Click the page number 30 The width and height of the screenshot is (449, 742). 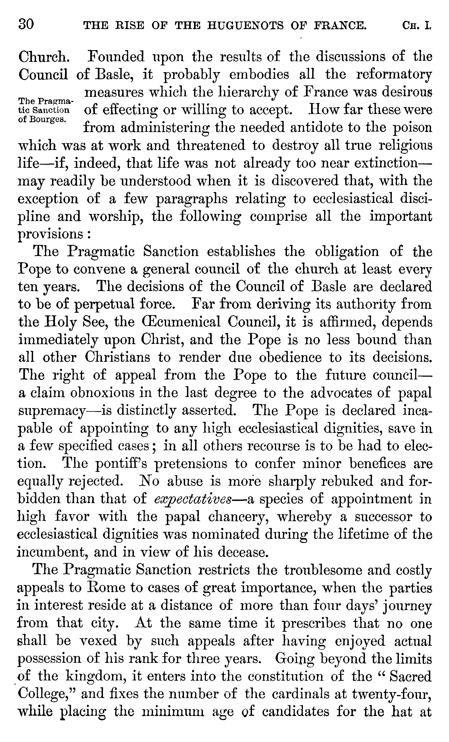pos(26,24)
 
